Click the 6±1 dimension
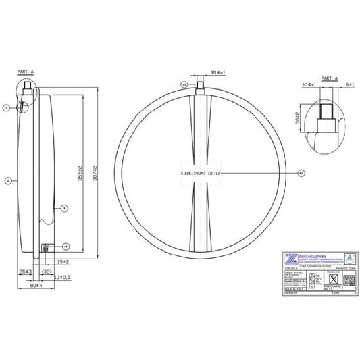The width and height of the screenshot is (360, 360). (349, 85)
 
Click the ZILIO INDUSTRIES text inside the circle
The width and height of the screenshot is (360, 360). (200, 172)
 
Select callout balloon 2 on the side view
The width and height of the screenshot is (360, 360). (7, 180)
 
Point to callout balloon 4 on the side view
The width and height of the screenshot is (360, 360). (66, 245)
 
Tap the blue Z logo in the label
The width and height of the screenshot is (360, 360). (287, 259)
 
